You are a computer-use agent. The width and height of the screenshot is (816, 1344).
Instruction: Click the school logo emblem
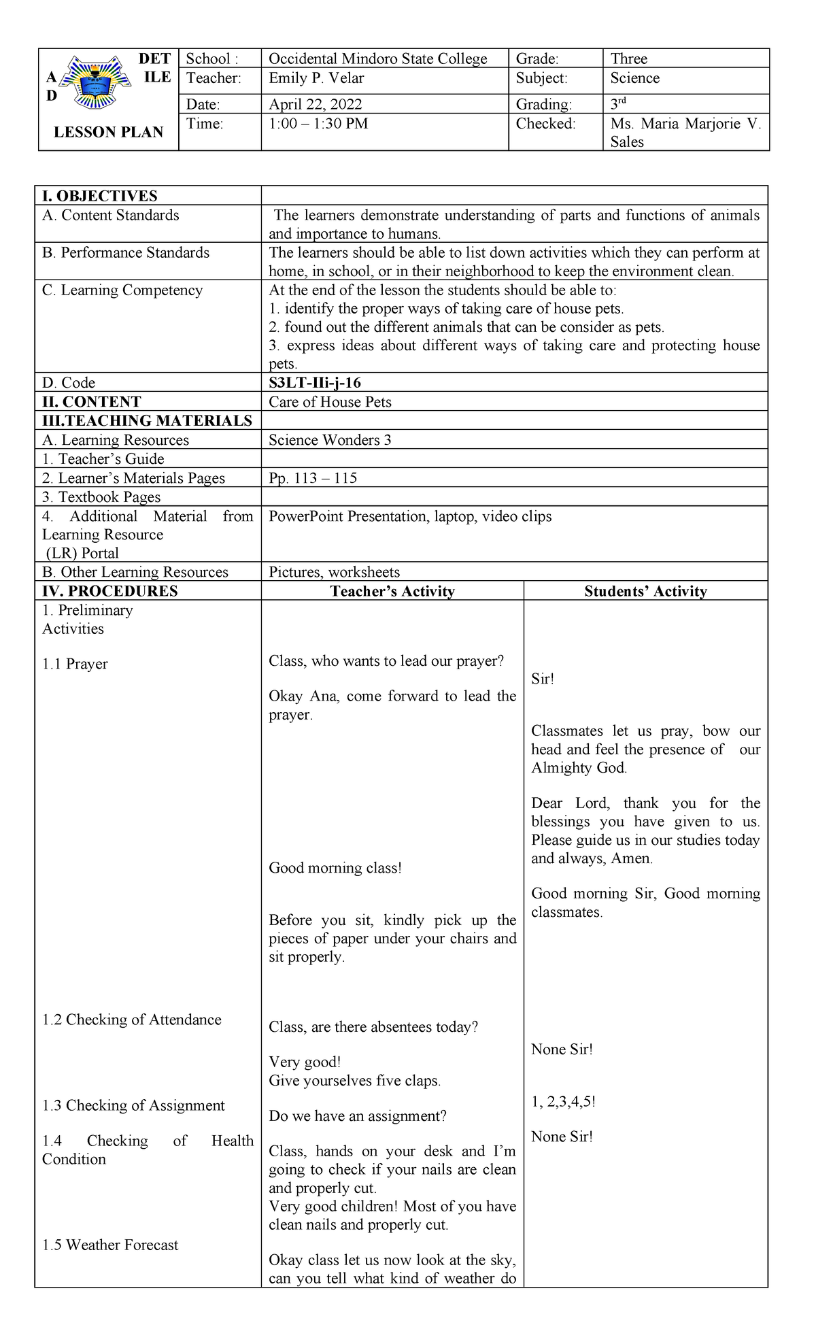(95, 82)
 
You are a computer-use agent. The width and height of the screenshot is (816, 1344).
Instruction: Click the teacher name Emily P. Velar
(316, 78)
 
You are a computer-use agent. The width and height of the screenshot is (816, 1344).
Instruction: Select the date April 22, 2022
(315, 104)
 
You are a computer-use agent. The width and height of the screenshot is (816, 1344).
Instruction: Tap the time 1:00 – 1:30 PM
(318, 124)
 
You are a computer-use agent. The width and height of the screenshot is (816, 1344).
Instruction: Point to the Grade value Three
(628, 59)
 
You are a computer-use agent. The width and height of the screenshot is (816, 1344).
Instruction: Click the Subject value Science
(634, 78)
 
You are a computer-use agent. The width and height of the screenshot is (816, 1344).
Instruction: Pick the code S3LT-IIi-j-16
(314, 383)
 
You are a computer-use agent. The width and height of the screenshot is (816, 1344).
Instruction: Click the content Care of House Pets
(330, 402)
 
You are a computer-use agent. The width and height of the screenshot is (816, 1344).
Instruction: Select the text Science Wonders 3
(330, 440)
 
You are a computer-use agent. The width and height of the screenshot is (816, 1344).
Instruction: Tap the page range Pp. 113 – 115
(312, 478)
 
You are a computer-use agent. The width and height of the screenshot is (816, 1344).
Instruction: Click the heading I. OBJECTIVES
(99, 196)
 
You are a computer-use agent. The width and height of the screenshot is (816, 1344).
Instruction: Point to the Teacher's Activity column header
(392, 591)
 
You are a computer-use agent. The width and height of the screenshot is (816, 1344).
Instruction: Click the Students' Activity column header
(645, 591)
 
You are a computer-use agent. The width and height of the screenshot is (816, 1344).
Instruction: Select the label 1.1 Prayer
(75, 664)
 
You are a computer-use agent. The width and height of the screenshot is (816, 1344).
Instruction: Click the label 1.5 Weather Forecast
(110, 1245)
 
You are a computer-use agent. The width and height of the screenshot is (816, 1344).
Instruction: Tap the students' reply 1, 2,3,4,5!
(563, 1102)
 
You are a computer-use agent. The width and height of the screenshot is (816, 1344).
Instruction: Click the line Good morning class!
(335, 868)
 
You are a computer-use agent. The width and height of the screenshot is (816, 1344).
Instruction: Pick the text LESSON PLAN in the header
(108, 133)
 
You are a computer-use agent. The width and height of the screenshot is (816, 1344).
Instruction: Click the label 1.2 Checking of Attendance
(131, 1020)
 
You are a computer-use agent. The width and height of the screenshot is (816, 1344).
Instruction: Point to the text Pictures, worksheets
(334, 572)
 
